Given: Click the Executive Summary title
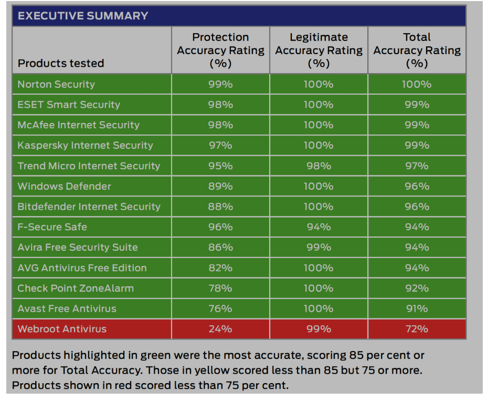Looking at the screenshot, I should tap(83, 16).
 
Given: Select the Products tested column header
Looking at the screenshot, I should tap(61, 63).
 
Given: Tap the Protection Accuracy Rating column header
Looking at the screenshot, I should tap(220, 50).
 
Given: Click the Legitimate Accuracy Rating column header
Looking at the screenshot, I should tap(319, 50).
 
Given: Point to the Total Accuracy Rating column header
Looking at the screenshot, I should tap(417, 50).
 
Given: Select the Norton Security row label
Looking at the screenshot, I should tap(56, 84).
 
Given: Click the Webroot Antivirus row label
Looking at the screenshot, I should tap(62, 329).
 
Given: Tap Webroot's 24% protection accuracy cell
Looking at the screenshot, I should tap(220, 329).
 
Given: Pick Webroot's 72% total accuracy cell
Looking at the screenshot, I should tap(417, 329).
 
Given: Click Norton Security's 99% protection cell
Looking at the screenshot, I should tap(220, 84).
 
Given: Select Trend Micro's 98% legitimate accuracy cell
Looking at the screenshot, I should tap(319, 166).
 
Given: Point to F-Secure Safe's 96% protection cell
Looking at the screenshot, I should tap(220, 227).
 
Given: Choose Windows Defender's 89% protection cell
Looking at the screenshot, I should tap(220, 187).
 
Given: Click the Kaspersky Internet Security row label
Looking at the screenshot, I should tap(85, 146).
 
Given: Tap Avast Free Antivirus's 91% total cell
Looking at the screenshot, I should tap(417, 309).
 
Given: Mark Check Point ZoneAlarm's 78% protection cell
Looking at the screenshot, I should tap(220, 289).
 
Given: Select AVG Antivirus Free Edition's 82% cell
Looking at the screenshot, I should tap(220, 268).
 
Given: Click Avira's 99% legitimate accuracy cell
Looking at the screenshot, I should tap(319, 248).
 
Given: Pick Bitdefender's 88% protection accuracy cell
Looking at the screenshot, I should tap(220, 207).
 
